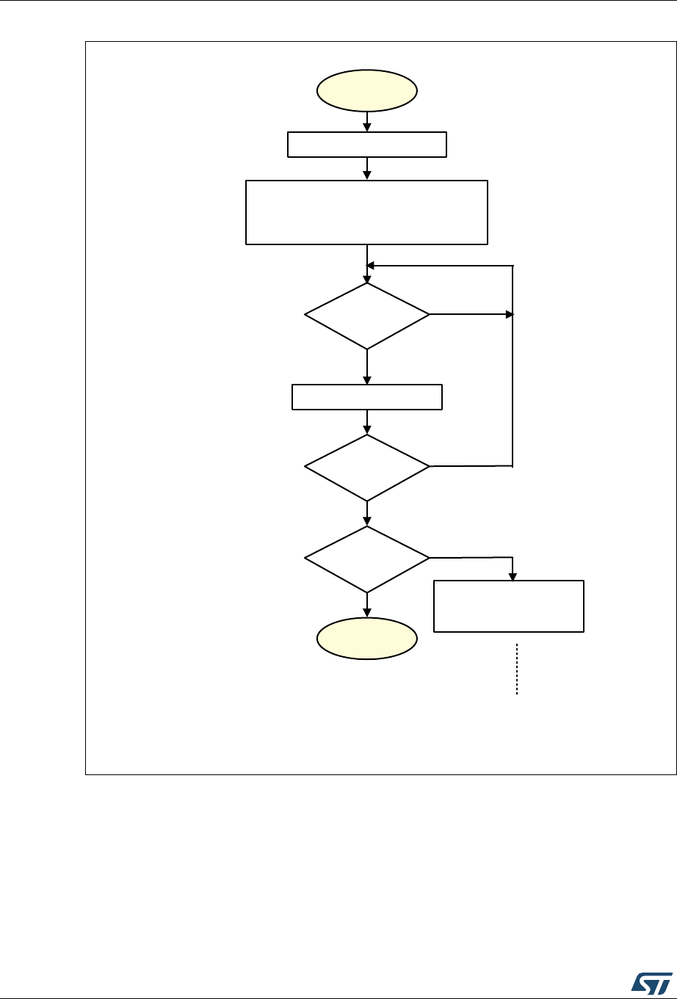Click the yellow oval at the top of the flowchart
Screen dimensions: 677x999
[367, 90]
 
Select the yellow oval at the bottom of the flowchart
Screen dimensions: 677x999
[367, 641]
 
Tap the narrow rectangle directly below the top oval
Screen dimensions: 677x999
[367, 145]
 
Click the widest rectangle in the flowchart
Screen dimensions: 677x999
[367, 211]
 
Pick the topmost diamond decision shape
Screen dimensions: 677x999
[367, 316]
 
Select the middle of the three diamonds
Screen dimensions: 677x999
[367, 467]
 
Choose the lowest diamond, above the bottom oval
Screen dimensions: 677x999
[367, 559]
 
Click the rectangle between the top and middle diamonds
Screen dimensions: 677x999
[367, 397]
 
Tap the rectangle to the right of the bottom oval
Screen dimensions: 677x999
[509, 606]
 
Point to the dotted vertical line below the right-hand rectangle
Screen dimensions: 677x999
[517, 669]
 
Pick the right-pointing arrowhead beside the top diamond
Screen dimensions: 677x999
[508, 315]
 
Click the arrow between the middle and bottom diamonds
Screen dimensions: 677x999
[367, 514]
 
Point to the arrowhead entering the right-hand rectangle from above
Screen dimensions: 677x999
[513, 575]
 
